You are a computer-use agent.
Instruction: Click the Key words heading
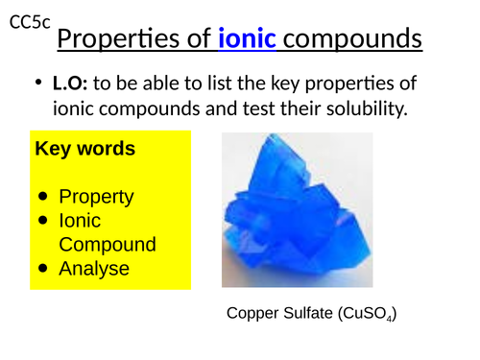point(84,150)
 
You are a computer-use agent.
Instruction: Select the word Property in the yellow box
point(96,197)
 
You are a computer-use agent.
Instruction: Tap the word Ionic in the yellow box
point(82,221)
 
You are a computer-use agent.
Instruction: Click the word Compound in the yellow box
point(108,245)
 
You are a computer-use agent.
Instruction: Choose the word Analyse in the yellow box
point(94,269)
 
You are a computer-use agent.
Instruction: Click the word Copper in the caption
point(251,314)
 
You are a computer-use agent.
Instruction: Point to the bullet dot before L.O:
point(36,86)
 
